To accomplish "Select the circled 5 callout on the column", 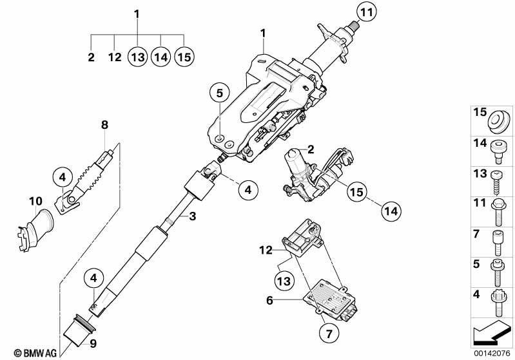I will coord(219,94).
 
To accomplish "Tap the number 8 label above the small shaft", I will coord(104,126).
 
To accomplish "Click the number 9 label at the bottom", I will coord(93,343).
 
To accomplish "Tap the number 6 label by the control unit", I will coord(269,299).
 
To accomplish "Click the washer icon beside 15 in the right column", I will coord(497,121).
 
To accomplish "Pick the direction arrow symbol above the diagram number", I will coord(492,333).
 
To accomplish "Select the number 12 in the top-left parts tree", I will coord(115,57).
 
